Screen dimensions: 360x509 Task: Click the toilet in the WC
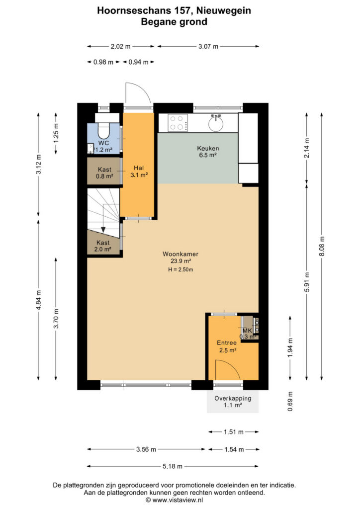(x=104, y=128)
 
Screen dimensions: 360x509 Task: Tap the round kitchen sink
(x=215, y=123)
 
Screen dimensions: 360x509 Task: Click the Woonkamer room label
(x=180, y=254)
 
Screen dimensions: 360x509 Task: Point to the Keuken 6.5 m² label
(x=208, y=152)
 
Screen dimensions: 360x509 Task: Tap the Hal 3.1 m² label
(x=139, y=171)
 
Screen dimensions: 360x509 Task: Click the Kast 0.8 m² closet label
(x=104, y=173)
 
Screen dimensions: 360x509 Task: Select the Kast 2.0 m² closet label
(x=103, y=246)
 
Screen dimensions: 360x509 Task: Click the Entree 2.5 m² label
(x=227, y=346)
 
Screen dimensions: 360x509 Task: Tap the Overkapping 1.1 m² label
(x=233, y=402)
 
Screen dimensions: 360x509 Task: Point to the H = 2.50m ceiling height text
(x=180, y=269)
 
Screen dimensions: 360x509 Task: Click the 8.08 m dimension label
(x=322, y=246)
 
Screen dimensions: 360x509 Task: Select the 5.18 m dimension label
(x=173, y=466)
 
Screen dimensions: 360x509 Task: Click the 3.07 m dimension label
(x=208, y=46)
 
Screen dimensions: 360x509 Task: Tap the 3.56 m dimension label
(x=146, y=449)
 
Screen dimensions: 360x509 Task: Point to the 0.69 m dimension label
(x=290, y=401)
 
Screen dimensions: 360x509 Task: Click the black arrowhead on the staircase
(x=103, y=229)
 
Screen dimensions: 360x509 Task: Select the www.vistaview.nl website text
(x=178, y=500)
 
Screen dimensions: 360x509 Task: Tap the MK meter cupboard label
(x=247, y=331)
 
